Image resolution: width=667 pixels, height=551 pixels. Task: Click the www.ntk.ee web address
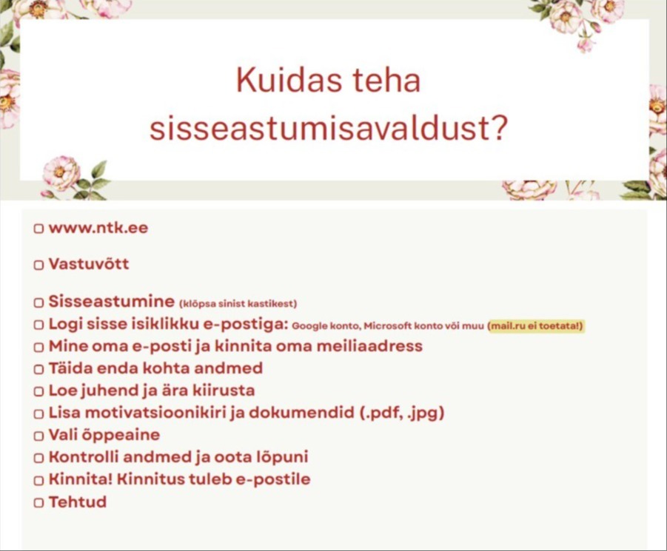(x=98, y=228)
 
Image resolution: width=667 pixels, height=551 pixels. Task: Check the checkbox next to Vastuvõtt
(x=38, y=265)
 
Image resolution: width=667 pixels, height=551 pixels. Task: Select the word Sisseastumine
(x=112, y=301)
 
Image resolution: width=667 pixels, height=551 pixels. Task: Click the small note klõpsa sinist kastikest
(x=238, y=304)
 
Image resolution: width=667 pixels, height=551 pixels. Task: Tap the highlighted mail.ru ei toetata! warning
(x=537, y=326)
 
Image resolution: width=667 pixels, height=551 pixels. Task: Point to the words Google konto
(x=326, y=326)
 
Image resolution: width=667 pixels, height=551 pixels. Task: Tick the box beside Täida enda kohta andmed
(x=38, y=369)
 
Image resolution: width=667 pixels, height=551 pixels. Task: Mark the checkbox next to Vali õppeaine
(x=38, y=436)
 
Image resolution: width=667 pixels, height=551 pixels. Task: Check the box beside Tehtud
(x=38, y=503)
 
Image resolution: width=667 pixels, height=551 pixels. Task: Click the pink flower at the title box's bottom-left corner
(x=61, y=172)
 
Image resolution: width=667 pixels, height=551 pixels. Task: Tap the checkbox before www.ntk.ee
(x=38, y=229)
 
